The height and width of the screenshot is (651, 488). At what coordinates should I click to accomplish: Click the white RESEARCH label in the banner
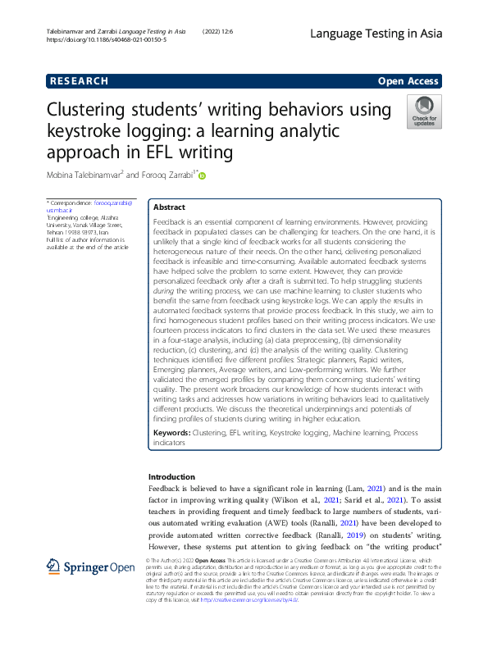tap(79, 81)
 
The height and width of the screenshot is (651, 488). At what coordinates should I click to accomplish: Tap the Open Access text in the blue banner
tap(409, 81)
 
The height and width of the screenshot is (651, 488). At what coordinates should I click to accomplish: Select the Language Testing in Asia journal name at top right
tap(376, 34)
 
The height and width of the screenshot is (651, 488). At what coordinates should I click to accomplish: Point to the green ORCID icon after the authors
tap(202, 175)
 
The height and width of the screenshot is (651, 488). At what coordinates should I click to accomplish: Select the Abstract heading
tap(170, 207)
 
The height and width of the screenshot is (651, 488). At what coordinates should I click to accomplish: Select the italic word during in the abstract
tap(166, 290)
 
